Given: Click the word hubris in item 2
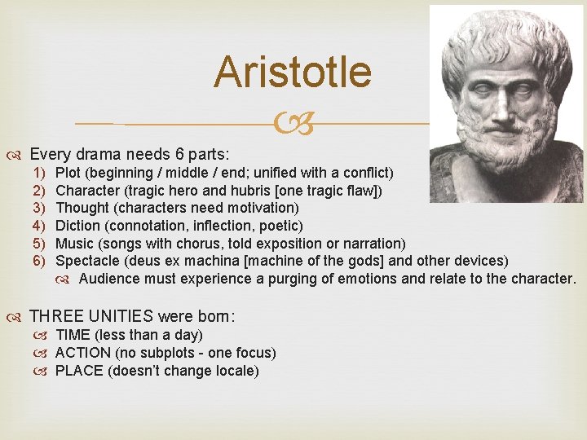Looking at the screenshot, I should pyautogui.click(x=248, y=191).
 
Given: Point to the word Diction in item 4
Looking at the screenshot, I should pyautogui.click(x=77, y=226).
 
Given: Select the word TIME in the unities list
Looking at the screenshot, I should pyautogui.click(x=73, y=335).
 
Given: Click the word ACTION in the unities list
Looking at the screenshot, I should pyautogui.click(x=82, y=353).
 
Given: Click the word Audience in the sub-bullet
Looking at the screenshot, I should pyautogui.click(x=108, y=279).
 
